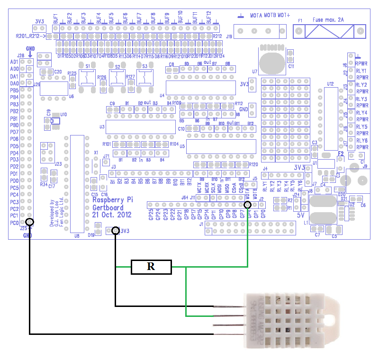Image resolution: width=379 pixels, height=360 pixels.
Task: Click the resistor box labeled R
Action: pos(151,267)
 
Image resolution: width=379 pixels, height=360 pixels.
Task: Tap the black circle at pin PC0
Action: pos(30,222)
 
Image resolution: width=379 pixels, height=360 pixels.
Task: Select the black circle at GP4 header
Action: pos(247,205)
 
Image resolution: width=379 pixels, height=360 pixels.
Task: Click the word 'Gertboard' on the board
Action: pos(108,207)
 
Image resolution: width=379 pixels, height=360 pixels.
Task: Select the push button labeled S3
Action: pos(144,76)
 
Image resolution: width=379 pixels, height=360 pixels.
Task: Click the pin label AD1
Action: pos(14,62)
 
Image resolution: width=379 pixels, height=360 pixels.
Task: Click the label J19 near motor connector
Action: pos(229,36)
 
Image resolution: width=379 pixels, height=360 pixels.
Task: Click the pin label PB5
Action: pos(14,90)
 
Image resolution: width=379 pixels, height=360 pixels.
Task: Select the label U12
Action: pos(330,83)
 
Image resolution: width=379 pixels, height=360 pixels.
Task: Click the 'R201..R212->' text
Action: pos(30,36)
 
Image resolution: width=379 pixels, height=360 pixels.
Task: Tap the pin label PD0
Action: pos(14,180)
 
